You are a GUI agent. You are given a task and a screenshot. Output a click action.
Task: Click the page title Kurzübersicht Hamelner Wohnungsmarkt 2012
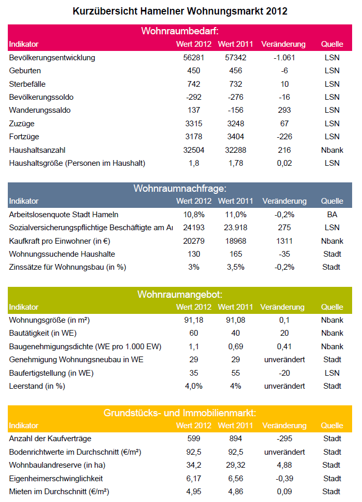coord(180,11)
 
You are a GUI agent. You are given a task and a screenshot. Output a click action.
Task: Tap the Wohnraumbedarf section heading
coord(180,31)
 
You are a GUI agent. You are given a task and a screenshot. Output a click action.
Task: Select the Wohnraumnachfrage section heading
coord(180,188)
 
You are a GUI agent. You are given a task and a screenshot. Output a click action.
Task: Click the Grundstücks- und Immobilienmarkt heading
coord(180,413)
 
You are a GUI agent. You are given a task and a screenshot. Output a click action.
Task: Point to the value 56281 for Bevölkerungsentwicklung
coord(194,58)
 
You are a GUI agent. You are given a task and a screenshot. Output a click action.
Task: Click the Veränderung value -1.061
coord(284,58)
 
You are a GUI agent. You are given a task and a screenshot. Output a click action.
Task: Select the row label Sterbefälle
coord(27,84)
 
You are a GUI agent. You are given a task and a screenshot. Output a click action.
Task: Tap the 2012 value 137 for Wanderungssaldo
coord(194,110)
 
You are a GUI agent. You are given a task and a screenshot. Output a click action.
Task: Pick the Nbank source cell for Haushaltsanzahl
coord(332,150)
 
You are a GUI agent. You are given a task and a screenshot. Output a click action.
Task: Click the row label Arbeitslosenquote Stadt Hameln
coord(64,215)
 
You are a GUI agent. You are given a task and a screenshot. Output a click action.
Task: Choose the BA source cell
coord(332,215)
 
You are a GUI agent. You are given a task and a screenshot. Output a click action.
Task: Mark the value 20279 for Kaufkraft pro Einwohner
coord(194,241)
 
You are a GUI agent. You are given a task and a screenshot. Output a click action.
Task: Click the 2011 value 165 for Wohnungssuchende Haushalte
coord(236,254)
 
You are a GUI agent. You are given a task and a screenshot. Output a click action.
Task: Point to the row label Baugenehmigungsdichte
coord(85,347)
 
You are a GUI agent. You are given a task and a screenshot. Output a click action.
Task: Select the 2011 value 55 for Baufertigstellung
coord(236,373)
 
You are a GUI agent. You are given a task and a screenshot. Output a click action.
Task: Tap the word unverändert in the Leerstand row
coord(285,386)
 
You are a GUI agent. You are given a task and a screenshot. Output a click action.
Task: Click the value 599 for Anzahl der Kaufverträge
coord(194,439)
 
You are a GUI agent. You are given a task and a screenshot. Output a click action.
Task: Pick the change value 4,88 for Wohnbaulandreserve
coord(284,465)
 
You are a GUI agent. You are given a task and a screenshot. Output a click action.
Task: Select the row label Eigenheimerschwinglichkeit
coord(56,479)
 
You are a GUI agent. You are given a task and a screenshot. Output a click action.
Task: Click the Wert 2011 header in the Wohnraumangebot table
coord(236,307)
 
